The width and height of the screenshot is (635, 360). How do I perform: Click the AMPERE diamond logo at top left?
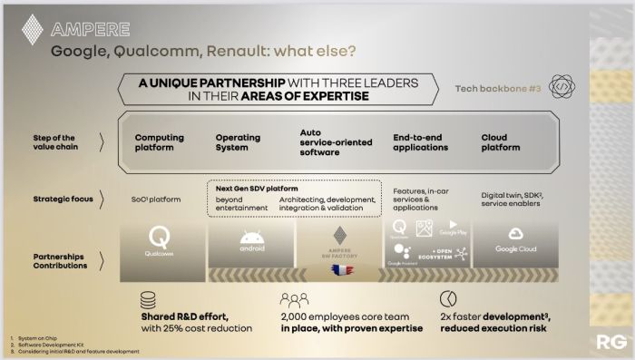pos(32,29)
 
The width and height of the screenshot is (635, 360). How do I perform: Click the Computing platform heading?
pos(159,142)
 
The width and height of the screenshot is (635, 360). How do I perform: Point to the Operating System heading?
pos(238,142)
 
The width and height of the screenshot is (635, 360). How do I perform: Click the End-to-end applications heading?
pos(423,142)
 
